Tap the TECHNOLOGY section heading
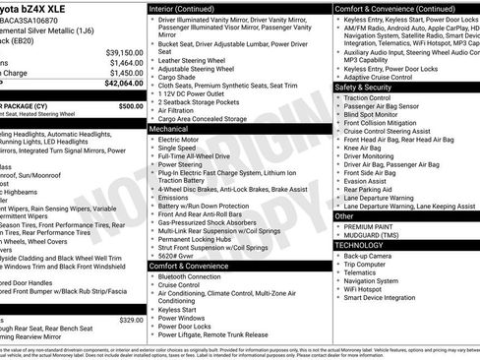pyautogui.click(x=360, y=244)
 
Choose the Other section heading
pyautogui.click(x=344, y=215)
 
